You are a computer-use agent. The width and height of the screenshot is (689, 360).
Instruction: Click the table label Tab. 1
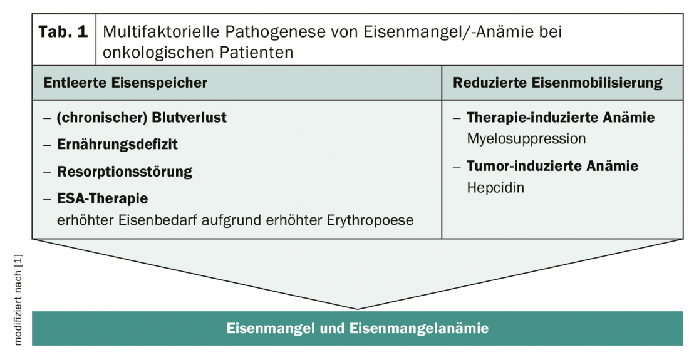pyautogui.click(x=63, y=33)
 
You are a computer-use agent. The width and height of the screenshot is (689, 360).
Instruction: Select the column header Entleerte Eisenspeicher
pyautogui.click(x=125, y=83)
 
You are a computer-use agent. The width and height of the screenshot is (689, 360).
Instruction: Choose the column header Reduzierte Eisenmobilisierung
pyautogui.click(x=557, y=83)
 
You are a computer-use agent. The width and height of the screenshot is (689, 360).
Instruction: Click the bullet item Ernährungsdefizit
pyautogui.click(x=118, y=145)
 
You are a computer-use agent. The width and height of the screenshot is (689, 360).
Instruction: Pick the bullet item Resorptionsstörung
pyautogui.click(x=125, y=172)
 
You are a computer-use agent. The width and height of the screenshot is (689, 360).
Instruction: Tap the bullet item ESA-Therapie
pyautogui.click(x=103, y=199)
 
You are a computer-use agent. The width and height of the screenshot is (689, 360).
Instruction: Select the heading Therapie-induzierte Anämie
pyautogui.click(x=561, y=118)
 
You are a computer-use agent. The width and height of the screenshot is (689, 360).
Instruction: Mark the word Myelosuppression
pyautogui.click(x=526, y=138)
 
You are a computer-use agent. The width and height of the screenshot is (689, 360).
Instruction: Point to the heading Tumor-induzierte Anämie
pyautogui.click(x=552, y=166)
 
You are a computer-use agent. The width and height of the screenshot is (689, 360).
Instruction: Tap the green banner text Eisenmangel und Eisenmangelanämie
pyautogui.click(x=358, y=328)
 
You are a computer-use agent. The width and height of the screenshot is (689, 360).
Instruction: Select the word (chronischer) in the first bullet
pyautogui.click(x=103, y=118)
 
